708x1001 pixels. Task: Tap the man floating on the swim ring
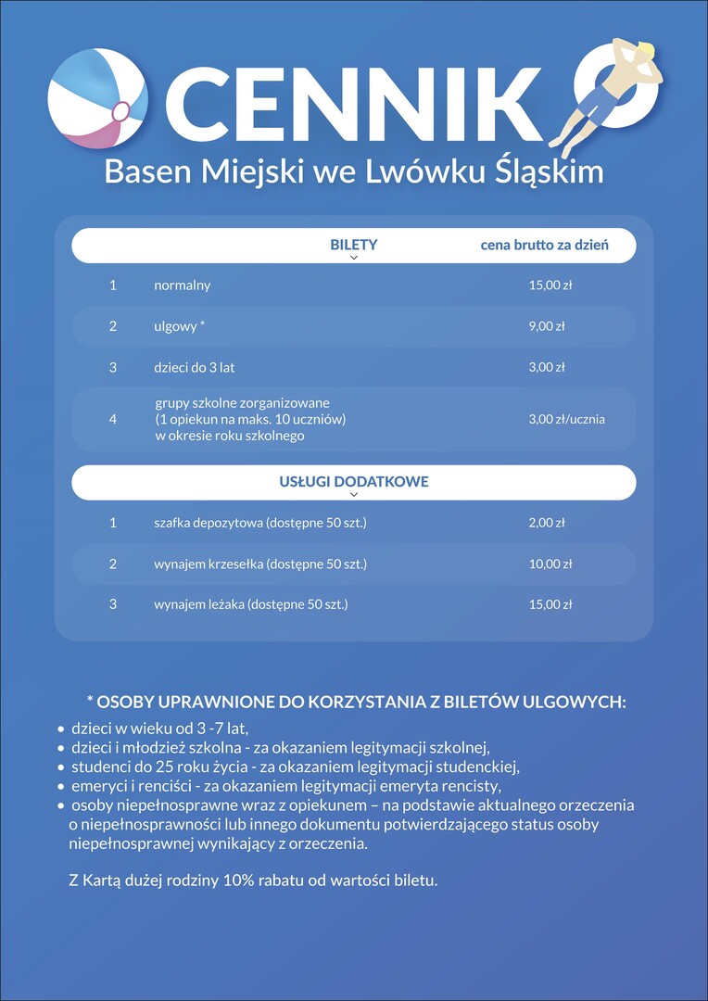point(613,93)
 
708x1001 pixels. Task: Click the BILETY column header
point(354,246)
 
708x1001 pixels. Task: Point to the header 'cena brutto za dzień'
point(544,246)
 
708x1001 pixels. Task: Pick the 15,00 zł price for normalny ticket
point(550,285)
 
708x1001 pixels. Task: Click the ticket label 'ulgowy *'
point(180,326)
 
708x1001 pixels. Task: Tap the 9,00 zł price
point(547,326)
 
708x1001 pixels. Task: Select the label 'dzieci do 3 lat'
point(195,367)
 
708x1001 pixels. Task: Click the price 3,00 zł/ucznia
point(567,419)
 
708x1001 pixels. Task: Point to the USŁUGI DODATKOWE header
point(354,482)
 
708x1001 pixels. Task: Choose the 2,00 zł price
point(547,523)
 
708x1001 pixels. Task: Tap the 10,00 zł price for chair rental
point(550,564)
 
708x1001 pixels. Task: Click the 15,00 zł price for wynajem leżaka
point(550,604)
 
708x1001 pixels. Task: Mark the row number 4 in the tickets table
point(113,419)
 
